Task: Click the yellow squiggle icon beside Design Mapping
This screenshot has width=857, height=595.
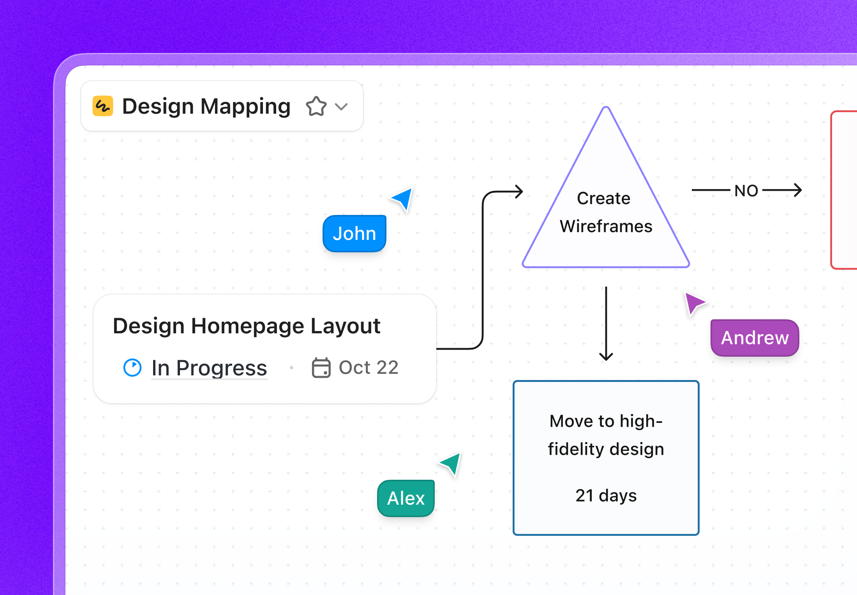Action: click(103, 106)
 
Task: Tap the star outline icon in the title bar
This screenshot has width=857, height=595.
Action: click(316, 106)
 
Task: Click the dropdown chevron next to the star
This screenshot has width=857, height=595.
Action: click(341, 107)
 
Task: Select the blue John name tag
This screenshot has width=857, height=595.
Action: click(354, 234)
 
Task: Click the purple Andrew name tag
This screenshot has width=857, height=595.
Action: click(755, 338)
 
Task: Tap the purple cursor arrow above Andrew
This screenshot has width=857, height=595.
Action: click(694, 303)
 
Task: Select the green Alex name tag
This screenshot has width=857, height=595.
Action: click(406, 498)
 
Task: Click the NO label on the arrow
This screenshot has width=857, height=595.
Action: click(746, 191)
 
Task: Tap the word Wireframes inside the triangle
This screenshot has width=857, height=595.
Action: click(606, 226)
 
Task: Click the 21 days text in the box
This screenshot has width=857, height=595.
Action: click(606, 496)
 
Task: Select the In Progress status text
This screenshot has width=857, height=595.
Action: click(209, 368)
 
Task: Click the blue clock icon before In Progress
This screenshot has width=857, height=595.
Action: click(132, 368)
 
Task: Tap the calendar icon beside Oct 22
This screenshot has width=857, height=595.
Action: click(321, 368)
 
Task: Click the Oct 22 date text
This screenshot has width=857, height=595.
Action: click(369, 368)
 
